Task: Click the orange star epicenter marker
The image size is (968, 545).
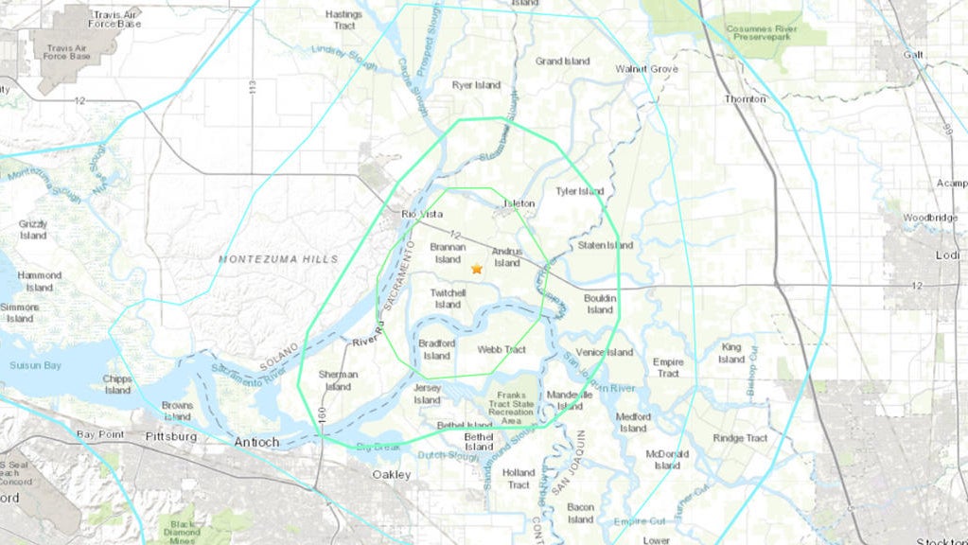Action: pos(476,269)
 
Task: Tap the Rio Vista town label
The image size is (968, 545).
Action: pos(422,215)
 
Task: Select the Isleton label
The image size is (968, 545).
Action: pos(518,203)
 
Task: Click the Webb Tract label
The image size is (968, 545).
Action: pos(502,350)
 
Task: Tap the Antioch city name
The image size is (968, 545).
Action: pos(257,441)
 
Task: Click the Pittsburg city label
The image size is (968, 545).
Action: pos(171,436)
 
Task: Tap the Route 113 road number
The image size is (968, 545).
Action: pos(253,86)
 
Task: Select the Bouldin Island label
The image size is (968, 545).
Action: pos(600,304)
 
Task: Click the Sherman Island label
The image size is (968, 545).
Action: pos(338,379)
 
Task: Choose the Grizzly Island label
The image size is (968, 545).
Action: pos(33,229)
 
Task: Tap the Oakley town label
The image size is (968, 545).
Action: pos(392,474)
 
